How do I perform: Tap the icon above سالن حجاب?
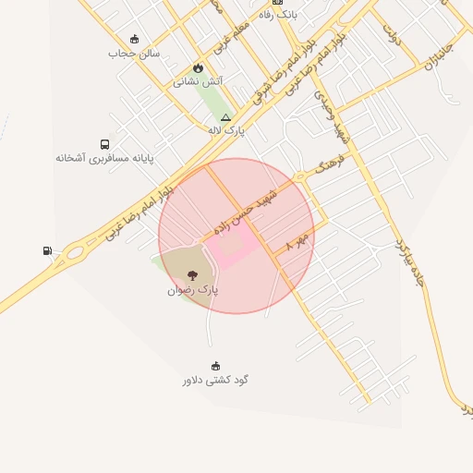click(x=135, y=39)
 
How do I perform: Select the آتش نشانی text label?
click(x=198, y=81)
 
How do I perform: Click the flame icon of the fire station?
click(x=198, y=67)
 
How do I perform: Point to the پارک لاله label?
click(x=225, y=130)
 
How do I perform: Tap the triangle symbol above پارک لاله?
click(x=225, y=117)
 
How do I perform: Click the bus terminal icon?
click(x=104, y=144)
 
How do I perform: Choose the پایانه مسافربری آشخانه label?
click(x=104, y=158)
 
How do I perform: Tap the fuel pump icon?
click(x=47, y=250)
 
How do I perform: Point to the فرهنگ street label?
click(x=329, y=166)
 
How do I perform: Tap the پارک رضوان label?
click(x=193, y=289)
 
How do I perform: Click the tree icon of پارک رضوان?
click(x=192, y=275)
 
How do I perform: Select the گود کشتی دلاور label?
click(x=215, y=379)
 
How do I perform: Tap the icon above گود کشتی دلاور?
click(x=216, y=366)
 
